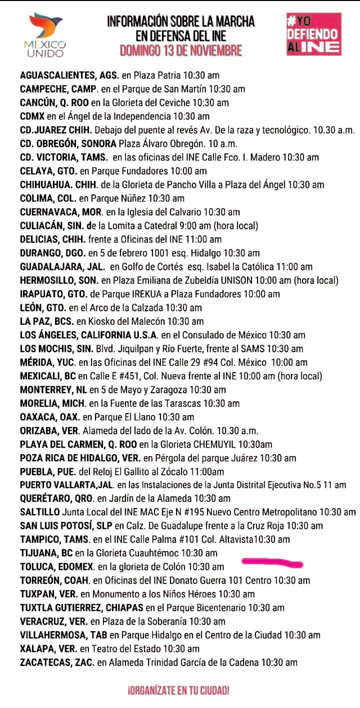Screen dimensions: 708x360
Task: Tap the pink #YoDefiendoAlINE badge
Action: click(313, 34)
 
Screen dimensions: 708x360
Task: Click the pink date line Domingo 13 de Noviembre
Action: click(180, 50)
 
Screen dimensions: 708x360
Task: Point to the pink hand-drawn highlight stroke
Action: click(272, 563)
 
